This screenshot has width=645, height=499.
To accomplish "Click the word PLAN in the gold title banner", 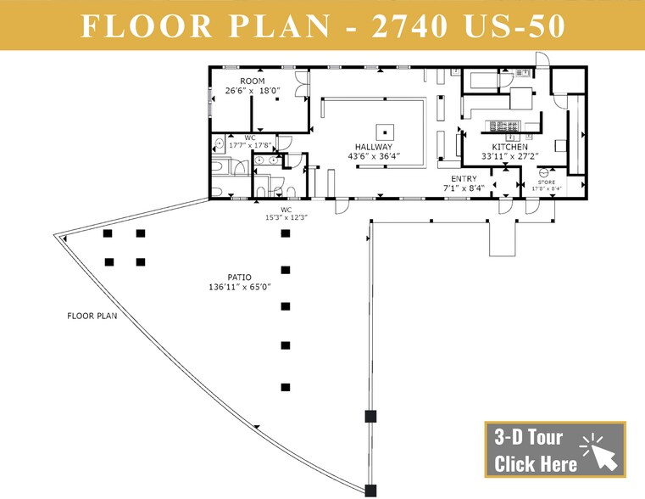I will (x=270, y=25).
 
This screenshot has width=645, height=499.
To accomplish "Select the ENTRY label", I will (x=463, y=179).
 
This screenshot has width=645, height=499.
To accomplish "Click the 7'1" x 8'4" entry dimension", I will (x=463, y=188).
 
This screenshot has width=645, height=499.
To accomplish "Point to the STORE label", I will (x=547, y=182).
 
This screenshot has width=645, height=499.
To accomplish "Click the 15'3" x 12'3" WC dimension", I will (x=286, y=217).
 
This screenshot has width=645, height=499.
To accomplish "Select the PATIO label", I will (x=238, y=276).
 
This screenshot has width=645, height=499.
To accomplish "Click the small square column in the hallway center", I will (x=386, y=131).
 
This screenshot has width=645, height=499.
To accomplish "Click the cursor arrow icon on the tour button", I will (x=600, y=450).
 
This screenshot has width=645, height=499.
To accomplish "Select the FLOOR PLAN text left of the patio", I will (x=92, y=316).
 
